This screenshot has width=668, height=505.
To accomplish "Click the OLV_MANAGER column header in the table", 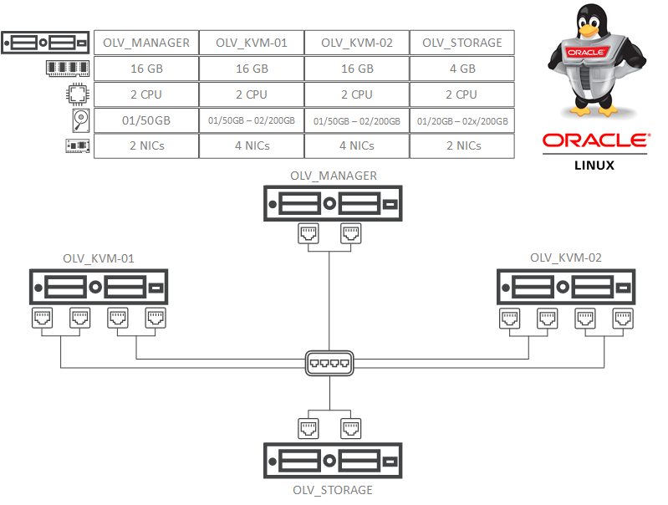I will (x=146, y=43).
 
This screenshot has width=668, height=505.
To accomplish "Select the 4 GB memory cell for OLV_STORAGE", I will (x=461, y=69).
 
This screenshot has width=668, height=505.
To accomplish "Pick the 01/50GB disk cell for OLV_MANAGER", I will (x=146, y=120).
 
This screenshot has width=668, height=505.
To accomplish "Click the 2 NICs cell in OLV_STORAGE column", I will (x=461, y=145).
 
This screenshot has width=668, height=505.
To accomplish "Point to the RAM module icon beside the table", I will (x=68, y=69).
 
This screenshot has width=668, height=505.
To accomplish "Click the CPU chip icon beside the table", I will (x=76, y=94).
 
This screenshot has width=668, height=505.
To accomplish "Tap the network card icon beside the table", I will (x=76, y=146).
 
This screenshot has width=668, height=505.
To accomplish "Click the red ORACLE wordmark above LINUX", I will (x=594, y=140).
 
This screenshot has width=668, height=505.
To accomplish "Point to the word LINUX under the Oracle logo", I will (x=594, y=165).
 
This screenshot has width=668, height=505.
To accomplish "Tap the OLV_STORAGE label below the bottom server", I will (x=333, y=490).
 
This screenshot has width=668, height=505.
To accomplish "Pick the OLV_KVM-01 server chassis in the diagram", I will (x=99, y=286).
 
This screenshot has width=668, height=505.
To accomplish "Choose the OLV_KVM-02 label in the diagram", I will (x=566, y=258).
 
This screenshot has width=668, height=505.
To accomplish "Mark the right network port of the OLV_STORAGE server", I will (x=352, y=429).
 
